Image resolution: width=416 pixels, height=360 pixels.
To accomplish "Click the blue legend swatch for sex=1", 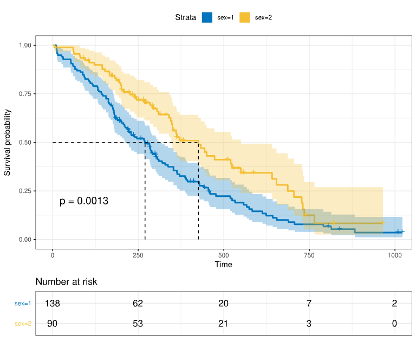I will pyautogui.click(x=207, y=17).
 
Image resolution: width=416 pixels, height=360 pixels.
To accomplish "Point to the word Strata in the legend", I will pyautogui.click(x=186, y=17).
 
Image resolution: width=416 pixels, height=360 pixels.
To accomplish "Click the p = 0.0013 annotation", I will pyautogui.click(x=84, y=201).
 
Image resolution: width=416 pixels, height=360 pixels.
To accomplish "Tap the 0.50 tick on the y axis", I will pyautogui.click(x=25, y=143).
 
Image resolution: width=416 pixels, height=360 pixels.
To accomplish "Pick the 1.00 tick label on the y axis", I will pyautogui.click(x=25, y=45).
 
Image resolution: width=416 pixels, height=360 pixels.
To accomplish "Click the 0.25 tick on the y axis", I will pyautogui.click(x=25, y=191).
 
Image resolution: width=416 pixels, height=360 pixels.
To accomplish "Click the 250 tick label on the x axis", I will pyautogui.click(x=138, y=255).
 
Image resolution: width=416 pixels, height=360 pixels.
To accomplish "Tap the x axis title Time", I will pyautogui.click(x=223, y=265).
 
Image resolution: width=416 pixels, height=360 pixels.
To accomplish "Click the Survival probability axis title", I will pyautogui.click(x=8, y=143).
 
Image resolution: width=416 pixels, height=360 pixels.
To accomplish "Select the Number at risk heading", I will pyautogui.click(x=67, y=282).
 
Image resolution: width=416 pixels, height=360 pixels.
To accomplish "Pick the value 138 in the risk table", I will pyautogui.click(x=53, y=304).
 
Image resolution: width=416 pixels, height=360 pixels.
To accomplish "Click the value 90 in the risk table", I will pyautogui.click(x=53, y=324).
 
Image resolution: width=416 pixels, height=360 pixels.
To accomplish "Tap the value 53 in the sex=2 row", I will pyautogui.click(x=138, y=324).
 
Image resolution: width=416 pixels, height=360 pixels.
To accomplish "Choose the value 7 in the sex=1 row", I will pyautogui.click(x=309, y=304).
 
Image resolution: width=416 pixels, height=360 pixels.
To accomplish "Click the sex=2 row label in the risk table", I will pyautogui.click(x=23, y=324).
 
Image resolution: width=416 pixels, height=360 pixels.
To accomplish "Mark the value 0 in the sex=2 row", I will pyautogui.click(x=394, y=324).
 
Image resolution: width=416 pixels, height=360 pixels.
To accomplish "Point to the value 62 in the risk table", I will pyautogui.click(x=138, y=304).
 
